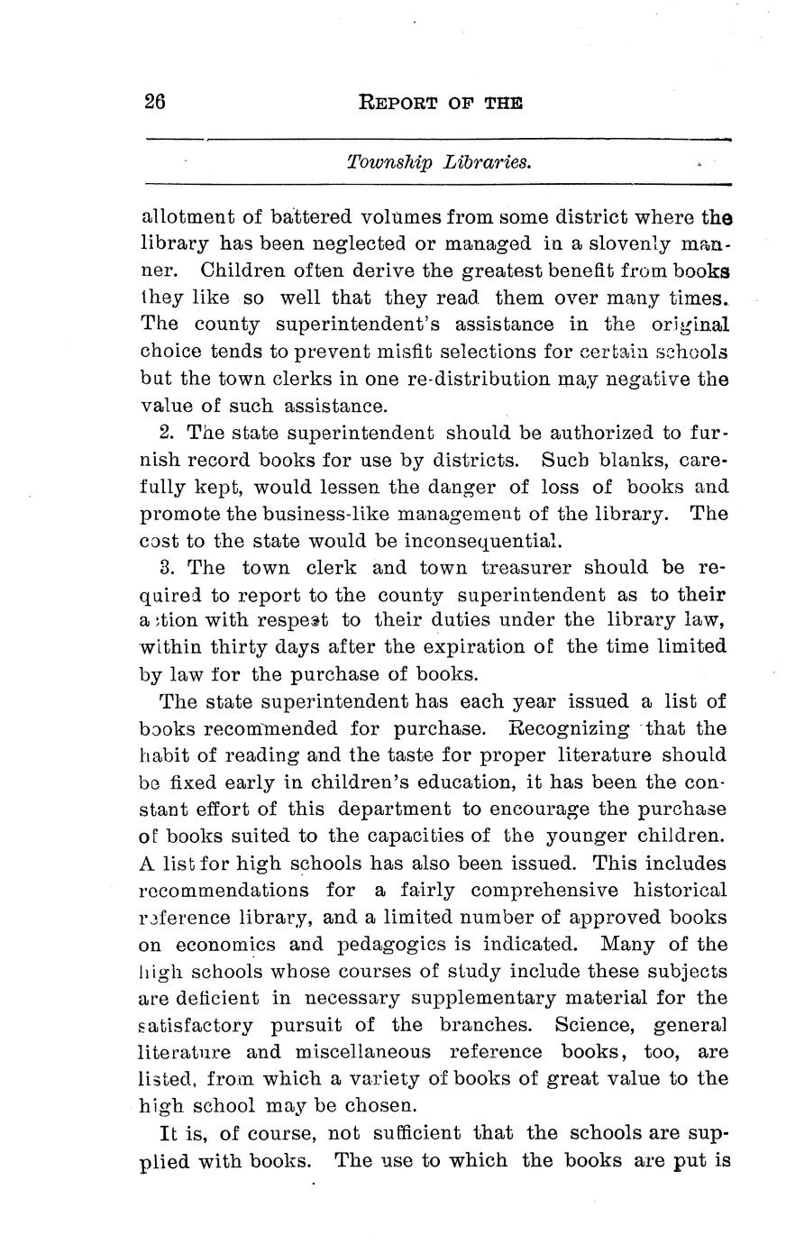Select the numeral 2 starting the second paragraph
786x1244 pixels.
click(165, 433)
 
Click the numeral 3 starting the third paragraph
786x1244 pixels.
click(165, 568)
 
